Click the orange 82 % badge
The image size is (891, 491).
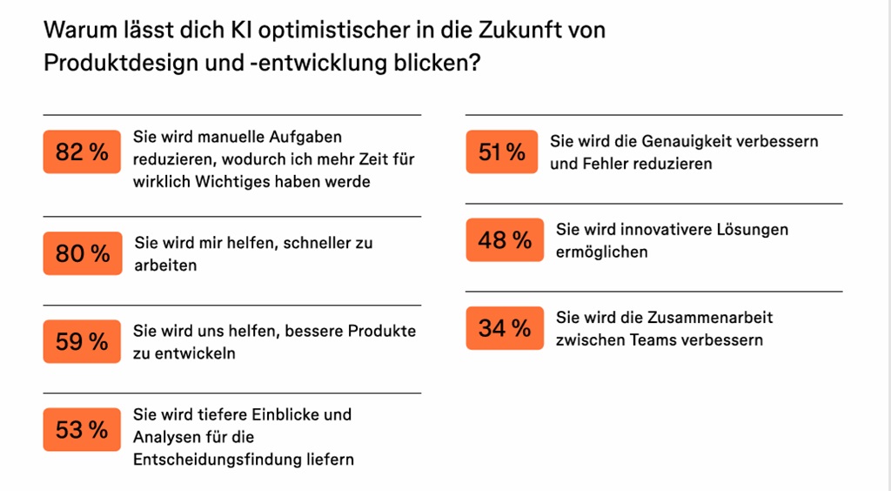coord(83,151)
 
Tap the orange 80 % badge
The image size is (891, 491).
coord(83,253)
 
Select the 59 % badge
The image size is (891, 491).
coord(83,341)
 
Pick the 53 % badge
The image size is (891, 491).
coord(83,430)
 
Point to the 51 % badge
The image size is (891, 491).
coord(502,152)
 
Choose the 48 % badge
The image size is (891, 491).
coord(505,239)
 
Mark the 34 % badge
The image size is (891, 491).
coord(505,328)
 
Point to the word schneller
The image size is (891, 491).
coord(318,243)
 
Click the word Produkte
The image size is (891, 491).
coord(382,332)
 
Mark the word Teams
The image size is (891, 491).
coord(646,340)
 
